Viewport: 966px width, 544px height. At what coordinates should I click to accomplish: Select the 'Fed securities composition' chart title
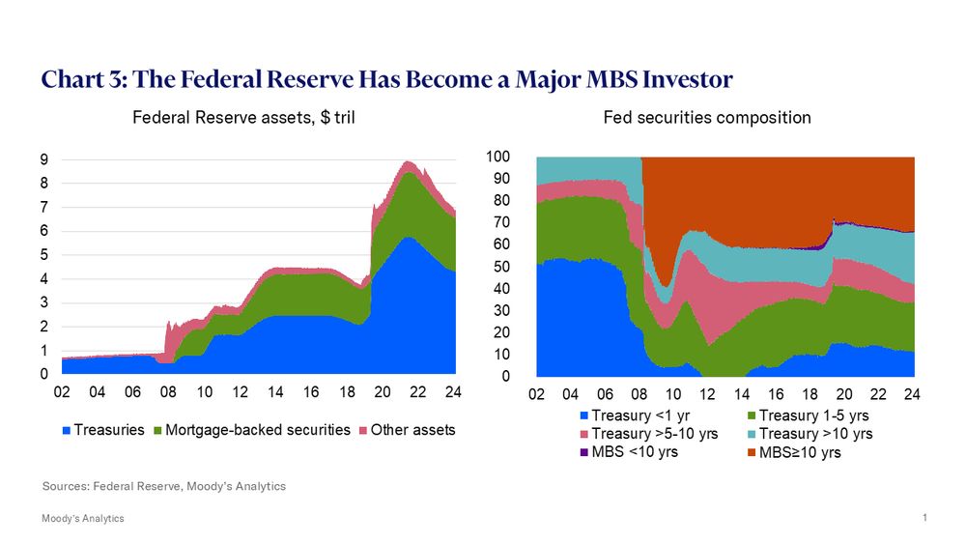click(706, 118)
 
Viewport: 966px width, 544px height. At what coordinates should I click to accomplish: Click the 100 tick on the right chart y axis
click(512, 157)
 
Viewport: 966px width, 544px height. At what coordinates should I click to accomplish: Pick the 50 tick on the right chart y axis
click(516, 267)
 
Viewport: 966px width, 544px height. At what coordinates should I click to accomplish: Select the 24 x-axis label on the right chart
click(911, 395)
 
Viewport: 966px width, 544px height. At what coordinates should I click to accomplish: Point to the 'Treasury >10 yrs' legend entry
click(809, 434)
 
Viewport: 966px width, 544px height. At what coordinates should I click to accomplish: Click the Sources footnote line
click(164, 486)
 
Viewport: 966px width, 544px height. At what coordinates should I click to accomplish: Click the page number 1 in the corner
click(924, 518)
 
